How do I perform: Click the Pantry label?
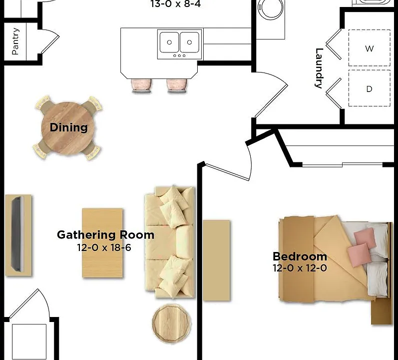coord(15,41)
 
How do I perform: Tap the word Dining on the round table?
coord(69,127)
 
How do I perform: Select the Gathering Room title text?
coord(105,235)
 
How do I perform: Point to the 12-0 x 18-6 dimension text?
coord(104,247)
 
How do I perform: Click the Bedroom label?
coord(300,256)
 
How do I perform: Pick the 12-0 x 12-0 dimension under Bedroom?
coord(300,268)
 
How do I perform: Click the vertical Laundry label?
coord(319,68)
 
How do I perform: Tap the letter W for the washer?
coord(370,48)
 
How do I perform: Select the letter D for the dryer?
coord(370,89)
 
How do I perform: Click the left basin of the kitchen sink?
coord(169,42)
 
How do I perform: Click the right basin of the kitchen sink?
coord(189,42)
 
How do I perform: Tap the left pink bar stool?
coord(142,85)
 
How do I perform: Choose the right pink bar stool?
coord(177,85)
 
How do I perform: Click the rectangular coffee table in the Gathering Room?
coord(102,243)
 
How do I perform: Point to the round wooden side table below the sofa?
coord(172,323)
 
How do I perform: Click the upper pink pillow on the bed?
coord(365,238)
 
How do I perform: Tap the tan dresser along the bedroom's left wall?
coord(217,260)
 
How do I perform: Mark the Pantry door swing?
coord(50,41)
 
